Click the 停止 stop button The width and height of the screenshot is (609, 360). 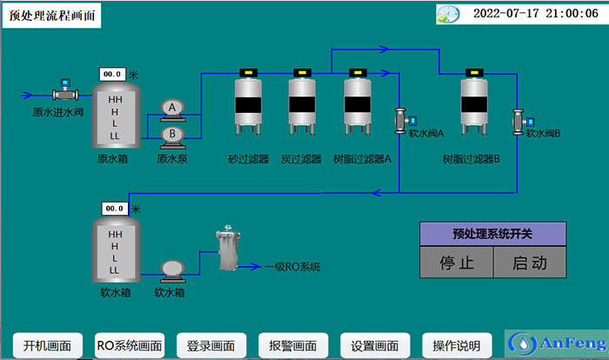pos(456,263)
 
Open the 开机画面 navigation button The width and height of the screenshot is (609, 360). pos(47,344)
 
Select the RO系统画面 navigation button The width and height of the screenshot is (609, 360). pos(129,344)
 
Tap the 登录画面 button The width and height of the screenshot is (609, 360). pos(211,344)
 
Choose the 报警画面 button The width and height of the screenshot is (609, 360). pos(292,344)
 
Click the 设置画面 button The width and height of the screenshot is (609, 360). pos(375,344)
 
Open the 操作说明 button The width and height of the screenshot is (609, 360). pos(457,344)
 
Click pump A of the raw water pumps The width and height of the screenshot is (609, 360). pos(172,107)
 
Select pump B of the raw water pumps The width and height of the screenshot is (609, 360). pos(172,133)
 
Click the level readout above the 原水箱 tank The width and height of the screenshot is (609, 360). pos(112,75)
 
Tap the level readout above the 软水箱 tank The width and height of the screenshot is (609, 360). pos(114,209)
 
